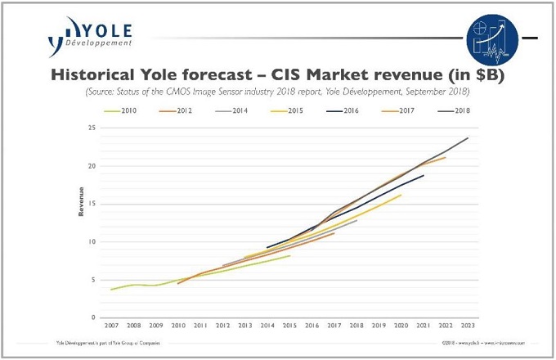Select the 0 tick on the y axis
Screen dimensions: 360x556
point(95,317)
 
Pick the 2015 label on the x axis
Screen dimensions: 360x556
point(289,326)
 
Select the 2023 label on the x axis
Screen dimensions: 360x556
point(467,326)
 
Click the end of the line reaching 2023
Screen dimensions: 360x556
point(468,138)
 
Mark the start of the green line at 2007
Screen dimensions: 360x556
point(111,289)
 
